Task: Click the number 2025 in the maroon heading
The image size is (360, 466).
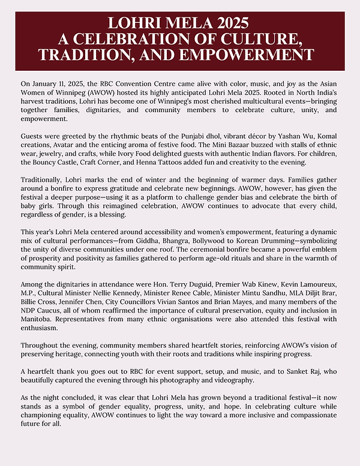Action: click(x=229, y=24)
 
